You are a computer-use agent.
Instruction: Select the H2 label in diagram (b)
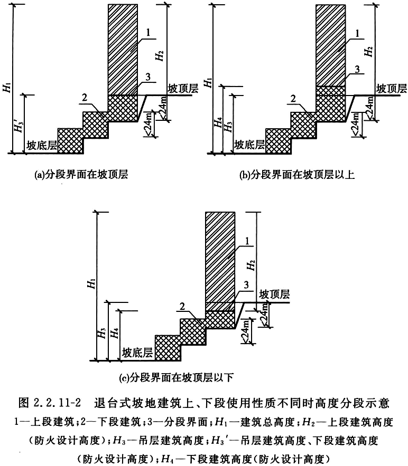[x=369, y=51]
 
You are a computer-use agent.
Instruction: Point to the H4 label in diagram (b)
[x=218, y=122]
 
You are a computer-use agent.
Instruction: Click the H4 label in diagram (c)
[x=115, y=333]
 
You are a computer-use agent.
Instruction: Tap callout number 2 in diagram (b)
[x=294, y=98]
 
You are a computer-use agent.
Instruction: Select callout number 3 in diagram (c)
[x=246, y=285]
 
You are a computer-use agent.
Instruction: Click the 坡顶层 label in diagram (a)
[x=183, y=88]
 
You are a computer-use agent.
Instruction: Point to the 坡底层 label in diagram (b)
[x=249, y=145]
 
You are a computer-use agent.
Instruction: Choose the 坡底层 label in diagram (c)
[x=137, y=353]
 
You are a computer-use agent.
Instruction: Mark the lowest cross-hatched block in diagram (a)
[x=70, y=141]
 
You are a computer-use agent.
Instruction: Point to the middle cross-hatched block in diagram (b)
[x=303, y=125]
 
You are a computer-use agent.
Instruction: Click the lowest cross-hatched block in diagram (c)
[x=168, y=348]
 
